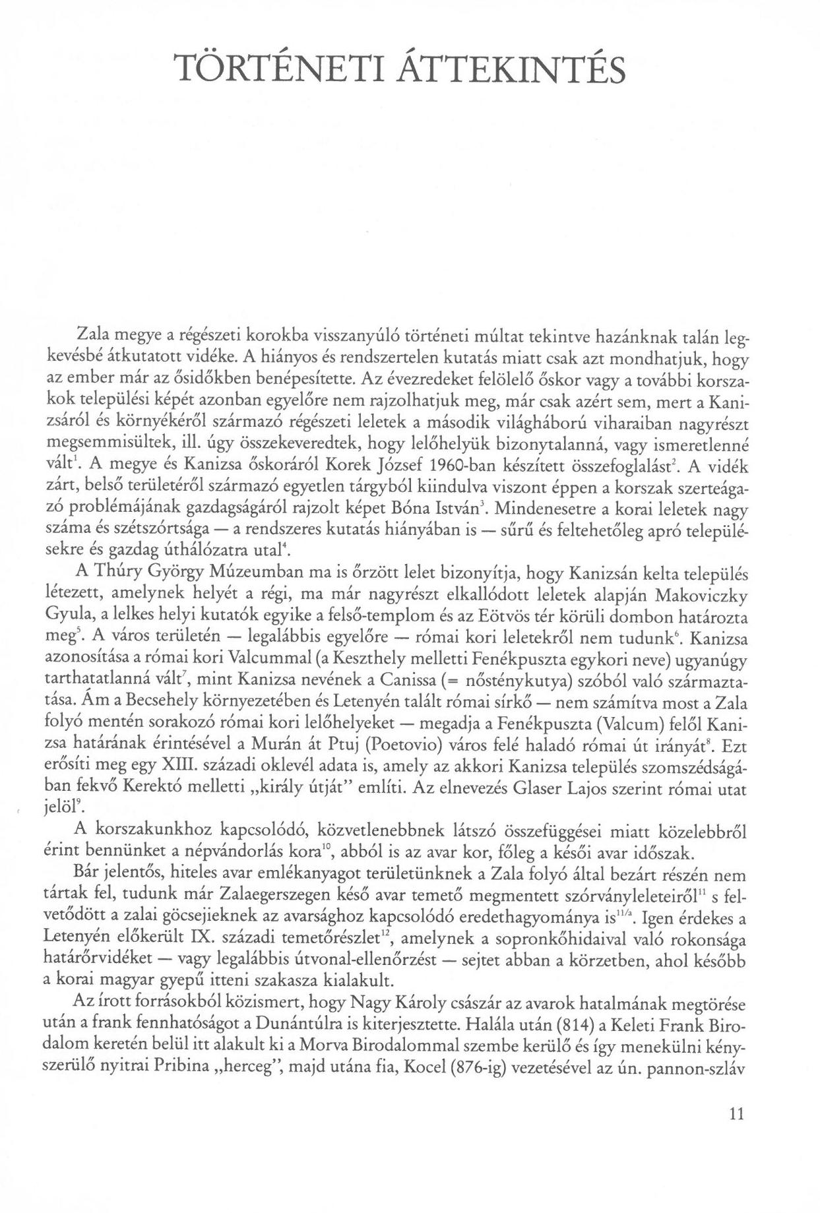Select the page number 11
[x=737, y=1133]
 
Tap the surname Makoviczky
[x=701, y=595]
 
